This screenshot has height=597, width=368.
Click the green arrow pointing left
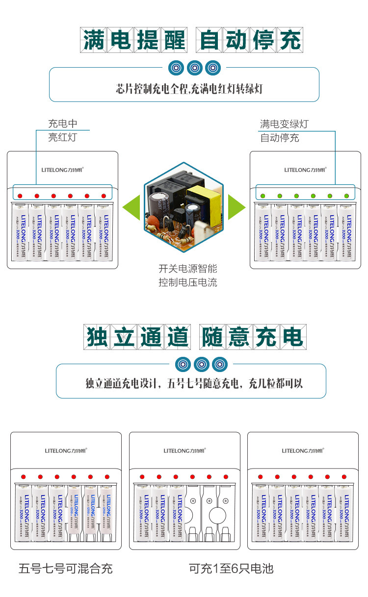pyautogui.click(x=131, y=207)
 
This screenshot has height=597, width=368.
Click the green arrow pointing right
pyautogui.click(x=237, y=207)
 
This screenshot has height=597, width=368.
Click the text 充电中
pyautogui.click(x=62, y=124)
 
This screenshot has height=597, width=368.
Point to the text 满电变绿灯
pyautogui.click(x=284, y=124)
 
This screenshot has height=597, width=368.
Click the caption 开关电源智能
pyautogui.click(x=187, y=269)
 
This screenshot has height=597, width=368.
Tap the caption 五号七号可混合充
pyautogui.click(x=66, y=569)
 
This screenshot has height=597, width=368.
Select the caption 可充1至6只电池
pyautogui.click(x=231, y=569)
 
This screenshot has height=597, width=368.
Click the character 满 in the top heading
pyautogui.click(x=94, y=40)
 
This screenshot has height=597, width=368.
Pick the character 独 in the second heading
pyautogui.click(x=98, y=337)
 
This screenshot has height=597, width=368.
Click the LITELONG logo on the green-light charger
pyautogui.click(x=305, y=170)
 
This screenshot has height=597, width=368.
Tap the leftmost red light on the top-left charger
pyautogui.click(x=20, y=196)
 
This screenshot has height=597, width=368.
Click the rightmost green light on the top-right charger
pyautogui.click(x=346, y=196)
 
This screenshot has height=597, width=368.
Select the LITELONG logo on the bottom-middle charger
pyautogui.click(x=184, y=450)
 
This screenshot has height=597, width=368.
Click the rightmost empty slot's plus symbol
pyautogui.click(x=225, y=501)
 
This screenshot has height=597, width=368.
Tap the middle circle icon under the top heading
pyautogui.click(x=195, y=67)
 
